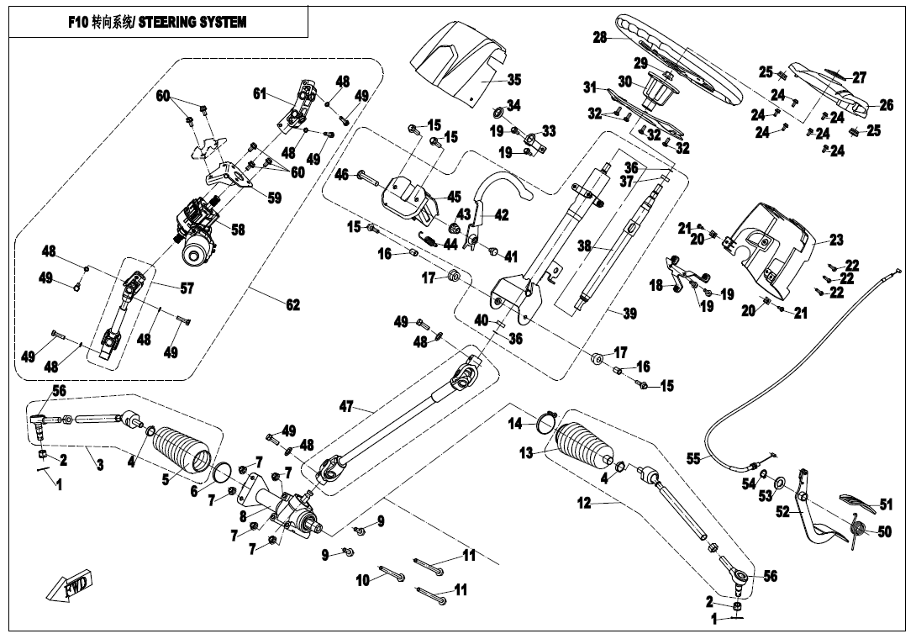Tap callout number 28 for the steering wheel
point(599,38)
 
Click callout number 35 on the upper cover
point(513,80)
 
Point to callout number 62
point(292,305)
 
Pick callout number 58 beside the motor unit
point(238,230)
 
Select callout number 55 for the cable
point(693,459)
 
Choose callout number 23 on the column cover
point(835,240)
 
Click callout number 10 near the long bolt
point(363,580)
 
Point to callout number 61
point(260,94)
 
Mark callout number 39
point(629,314)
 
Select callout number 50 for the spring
point(883,532)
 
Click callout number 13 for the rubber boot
point(526,453)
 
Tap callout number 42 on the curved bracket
point(501,215)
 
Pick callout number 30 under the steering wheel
point(624,82)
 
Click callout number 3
point(100,464)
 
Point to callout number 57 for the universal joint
point(186,288)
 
